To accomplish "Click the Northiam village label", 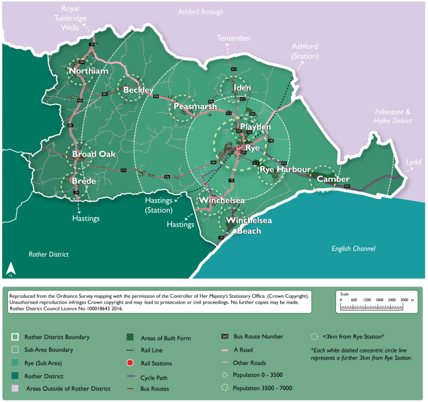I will pyautogui.click(x=88, y=71).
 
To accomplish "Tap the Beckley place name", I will pyautogui.click(x=138, y=90).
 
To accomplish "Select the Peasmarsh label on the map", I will pyautogui.click(x=195, y=107).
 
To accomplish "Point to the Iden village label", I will pyautogui.click(x=242, y=87).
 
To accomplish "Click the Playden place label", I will pyautogui.click(x=255, y=127).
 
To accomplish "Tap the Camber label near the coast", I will pyautogui.click(x=333, y=179).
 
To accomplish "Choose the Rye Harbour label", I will pyautogui.click(x=284, y=169).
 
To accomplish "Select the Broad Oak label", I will pyautogui.click(x=94, y=154).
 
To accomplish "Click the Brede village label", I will pyautogui.click(x=84, y=181).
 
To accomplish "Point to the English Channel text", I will pyautogui.click(x=353, y=249).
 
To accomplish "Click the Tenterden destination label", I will pyautogui.click(x=233, y=38).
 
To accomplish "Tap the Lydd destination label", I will pyautogui.click(x=414, y=162).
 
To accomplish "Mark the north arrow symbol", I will pyautogui.click(x=10, y=269).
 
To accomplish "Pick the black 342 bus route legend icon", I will pyautogui.click(x=225, y=337).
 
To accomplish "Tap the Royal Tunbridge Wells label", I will pyautogui.click(x=74, y=18).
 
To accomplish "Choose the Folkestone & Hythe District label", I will pyautogui.click(x=393, y=116).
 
